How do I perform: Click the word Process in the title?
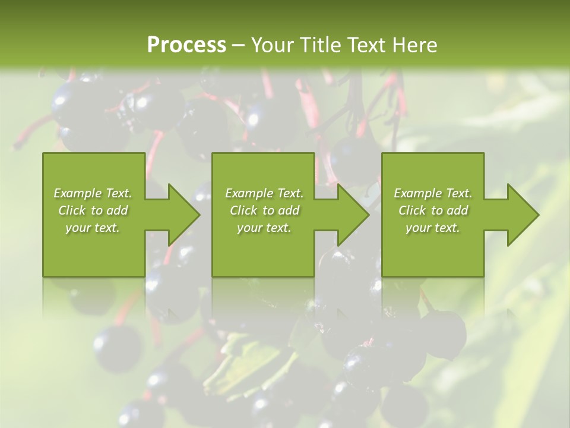(186, 45)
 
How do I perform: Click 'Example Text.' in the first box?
(93, 193)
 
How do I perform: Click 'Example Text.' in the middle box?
(264, 193)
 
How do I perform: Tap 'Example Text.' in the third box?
(433, 193)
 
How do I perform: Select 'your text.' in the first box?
(93, 228)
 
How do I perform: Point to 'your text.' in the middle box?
(264, 228)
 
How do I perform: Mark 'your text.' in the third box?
(433, 228)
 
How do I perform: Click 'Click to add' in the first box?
(93, 210)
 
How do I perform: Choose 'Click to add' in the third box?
(433, 210)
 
